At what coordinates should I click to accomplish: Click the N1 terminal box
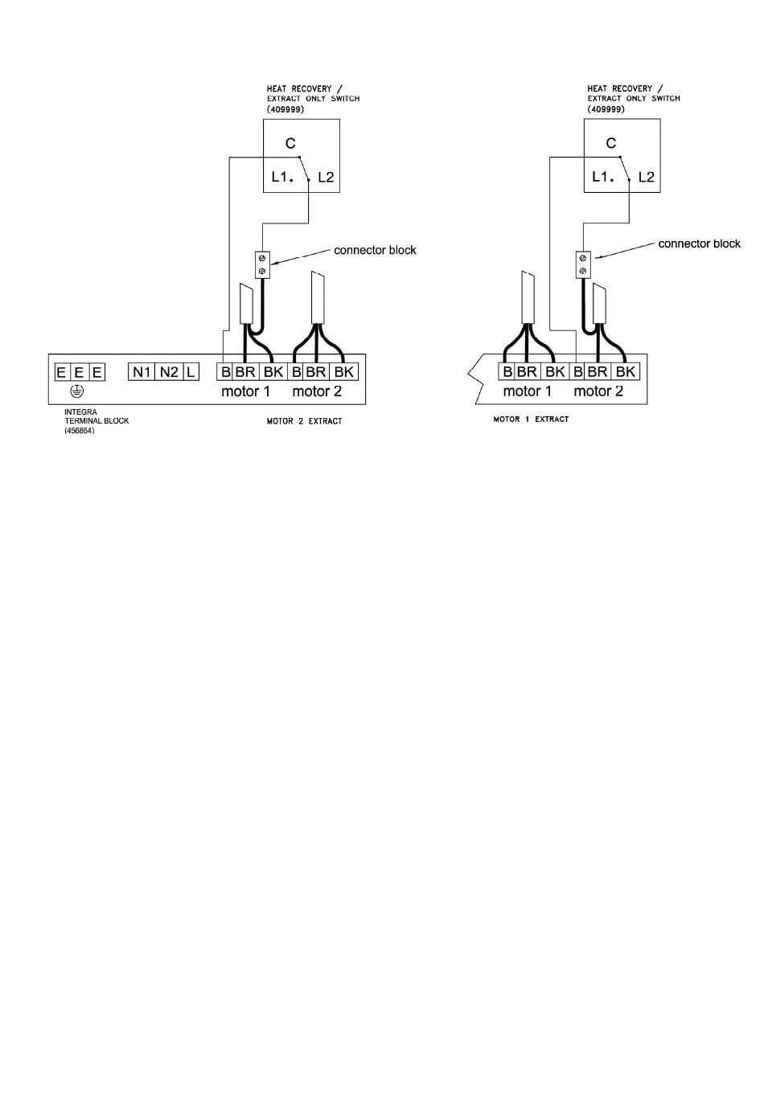[142, 372]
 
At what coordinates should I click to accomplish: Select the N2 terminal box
[168, 372]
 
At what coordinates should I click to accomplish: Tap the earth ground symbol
[77, 391]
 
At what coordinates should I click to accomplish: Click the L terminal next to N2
[191, 372]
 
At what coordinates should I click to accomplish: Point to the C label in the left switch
[290, 143]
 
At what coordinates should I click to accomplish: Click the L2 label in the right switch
[646, 177]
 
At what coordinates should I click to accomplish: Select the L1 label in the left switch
[282, 177]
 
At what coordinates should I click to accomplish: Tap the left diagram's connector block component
[262, 264]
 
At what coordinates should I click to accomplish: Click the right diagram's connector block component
[583, 264]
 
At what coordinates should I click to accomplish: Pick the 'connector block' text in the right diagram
[699, 244]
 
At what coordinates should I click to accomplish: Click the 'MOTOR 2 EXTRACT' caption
[304, 421]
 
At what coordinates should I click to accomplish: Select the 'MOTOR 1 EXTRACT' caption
[531, 420]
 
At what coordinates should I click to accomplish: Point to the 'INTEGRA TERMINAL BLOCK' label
[97, 420]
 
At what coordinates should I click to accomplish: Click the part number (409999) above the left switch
[285, 108]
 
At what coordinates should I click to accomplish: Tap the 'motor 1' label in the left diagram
[245, 391]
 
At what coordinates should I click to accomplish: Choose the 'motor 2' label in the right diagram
[598, 391]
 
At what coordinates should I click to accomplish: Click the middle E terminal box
[79, 372]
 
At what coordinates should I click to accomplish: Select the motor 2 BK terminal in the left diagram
[343, 372]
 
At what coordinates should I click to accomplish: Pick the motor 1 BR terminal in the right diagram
[528, 372]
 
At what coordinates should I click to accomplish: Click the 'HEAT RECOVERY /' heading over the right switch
[625, 88]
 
